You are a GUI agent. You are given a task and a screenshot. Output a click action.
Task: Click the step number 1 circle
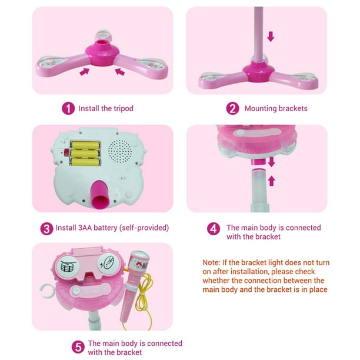pyautogui.click(x=68, y=108)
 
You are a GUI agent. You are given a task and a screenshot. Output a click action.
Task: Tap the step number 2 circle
pyautogui.click(x=232, y=108)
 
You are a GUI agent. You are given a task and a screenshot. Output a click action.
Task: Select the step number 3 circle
pyautogui.click(x=46, y=228)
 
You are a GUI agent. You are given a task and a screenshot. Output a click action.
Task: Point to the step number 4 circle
pyautogui.click(x=214, y=228)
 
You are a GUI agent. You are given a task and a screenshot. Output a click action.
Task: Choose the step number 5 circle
pyautogui.click(x=78, y=347)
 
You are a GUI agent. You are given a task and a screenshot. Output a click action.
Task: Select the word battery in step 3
pyautogui.click(x=105, y=228)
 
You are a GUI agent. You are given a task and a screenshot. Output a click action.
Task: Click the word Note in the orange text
pyautogui.click(x=211, y=262)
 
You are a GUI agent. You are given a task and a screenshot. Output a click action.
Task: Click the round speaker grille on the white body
pyautogui.click(x=120, y=151)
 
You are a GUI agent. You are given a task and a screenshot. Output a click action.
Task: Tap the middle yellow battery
pyautogui.click(x=85, y=154)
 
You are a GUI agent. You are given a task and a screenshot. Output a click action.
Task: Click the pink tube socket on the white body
pyautogui.click(x=100, y=195)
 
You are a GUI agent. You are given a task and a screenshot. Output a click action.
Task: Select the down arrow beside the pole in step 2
pyautogui.click(x=271, y=36)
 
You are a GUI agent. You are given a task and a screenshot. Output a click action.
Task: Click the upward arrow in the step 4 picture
pyautogui.click(x=272, y=181)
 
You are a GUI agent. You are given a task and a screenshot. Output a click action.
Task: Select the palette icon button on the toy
pyautogui.click(x=108, y=264)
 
